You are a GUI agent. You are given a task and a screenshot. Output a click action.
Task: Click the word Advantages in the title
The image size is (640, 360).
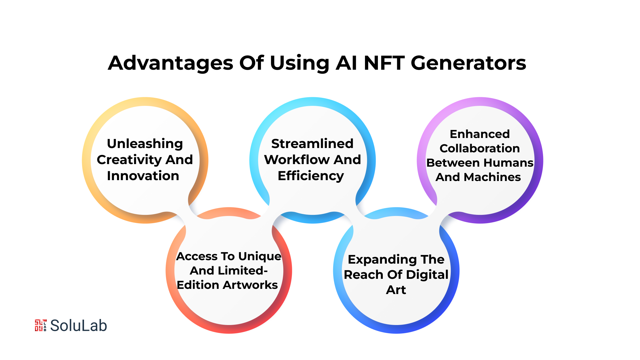point(171,63)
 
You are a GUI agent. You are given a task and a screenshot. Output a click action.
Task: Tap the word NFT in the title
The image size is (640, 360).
point(384,63)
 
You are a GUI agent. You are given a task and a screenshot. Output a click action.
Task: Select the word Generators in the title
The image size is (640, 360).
point(469,63)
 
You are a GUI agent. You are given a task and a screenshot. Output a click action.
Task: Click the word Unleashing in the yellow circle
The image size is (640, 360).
point(145,144)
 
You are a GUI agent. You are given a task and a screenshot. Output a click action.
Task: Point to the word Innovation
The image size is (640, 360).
point(143,176)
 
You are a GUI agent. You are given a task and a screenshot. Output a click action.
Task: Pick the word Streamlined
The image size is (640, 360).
point(312,143)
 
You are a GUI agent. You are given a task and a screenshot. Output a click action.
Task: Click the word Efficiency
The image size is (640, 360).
point(311,176)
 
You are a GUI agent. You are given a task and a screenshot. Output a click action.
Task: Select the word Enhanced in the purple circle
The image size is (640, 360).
point(480,134)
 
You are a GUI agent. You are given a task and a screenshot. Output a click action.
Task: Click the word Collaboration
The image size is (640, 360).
point(480,148)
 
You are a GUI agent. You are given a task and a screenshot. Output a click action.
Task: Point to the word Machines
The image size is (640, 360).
point(492,177)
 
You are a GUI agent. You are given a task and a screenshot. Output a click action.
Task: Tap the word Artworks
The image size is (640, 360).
point(251,285)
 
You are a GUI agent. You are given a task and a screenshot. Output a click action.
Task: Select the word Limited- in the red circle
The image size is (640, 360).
point(243,271)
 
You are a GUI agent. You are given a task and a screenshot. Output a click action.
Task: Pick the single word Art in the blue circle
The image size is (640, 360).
point(396,290)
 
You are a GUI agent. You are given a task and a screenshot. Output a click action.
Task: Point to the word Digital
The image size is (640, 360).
point(427,275)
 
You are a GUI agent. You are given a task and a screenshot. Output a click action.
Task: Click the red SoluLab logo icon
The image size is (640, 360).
point(41,325)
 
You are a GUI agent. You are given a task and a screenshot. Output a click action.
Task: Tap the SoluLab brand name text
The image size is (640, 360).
point(79,326)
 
